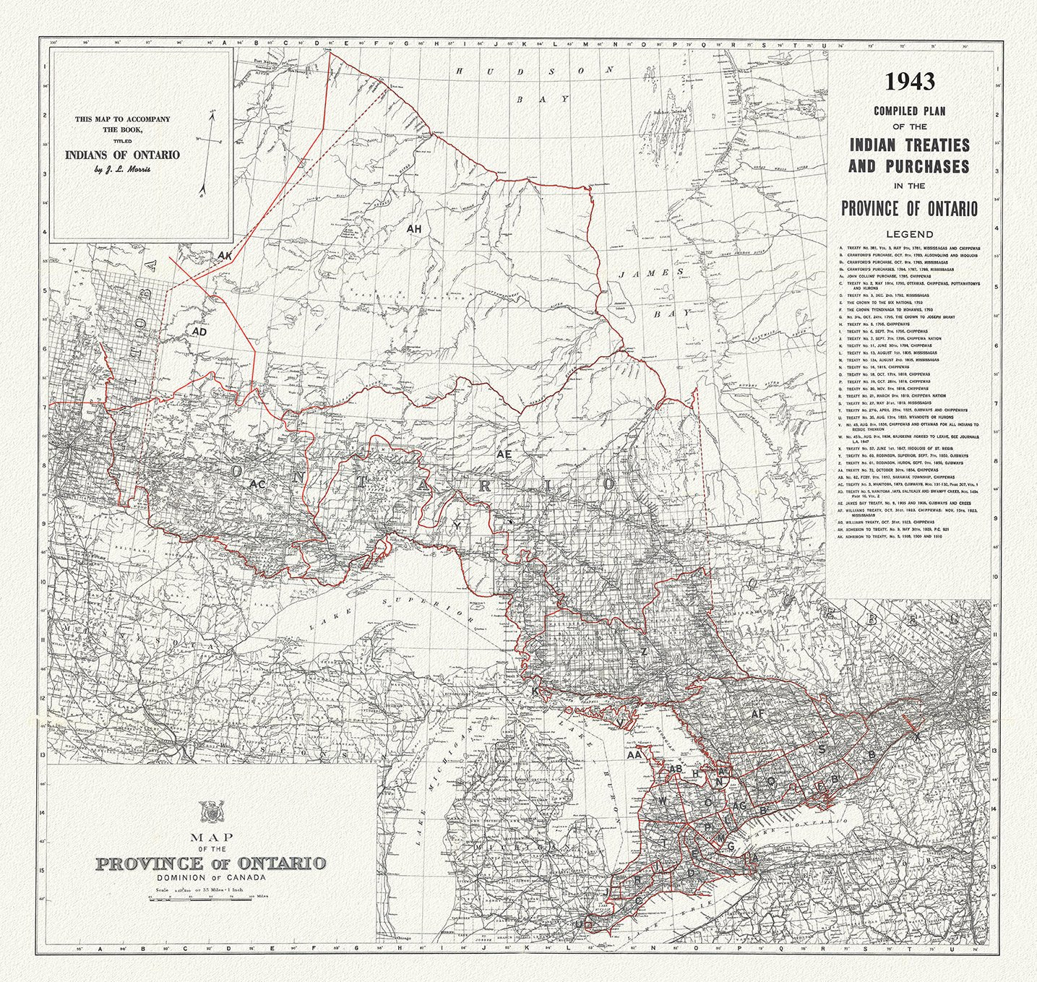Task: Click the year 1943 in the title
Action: [x=910, y=82]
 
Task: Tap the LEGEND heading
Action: [x=910, y=234]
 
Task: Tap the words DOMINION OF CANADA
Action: [x=210, y=877]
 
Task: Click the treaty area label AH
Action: [x=414, y=229]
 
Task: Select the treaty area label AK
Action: [x=225, y=255]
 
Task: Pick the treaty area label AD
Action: [x=200, y=331]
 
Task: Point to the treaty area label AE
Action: [x=504, y=455]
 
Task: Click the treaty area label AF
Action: [x=757, y=714]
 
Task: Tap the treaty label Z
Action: [x=643, y=652]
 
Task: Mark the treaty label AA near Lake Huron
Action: [x=634, y=754]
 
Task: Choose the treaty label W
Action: [x=663, y=801]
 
